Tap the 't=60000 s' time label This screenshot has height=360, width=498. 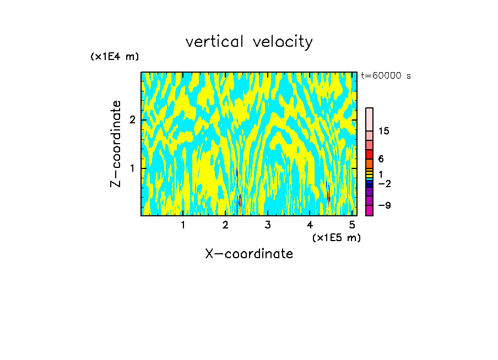[x=386, y=76]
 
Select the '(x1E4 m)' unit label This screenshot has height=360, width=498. [x=115, y=57]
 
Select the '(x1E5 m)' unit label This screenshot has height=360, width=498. [x=336, y=237]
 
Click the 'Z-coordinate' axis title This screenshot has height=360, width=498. [x=116, y=144]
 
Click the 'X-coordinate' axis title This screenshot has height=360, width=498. [x=249, y=254]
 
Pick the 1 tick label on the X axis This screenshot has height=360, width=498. [x=183, y=225]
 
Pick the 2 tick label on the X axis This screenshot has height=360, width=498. [x=225, y=225]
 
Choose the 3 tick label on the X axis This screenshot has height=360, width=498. [x=268, y=225]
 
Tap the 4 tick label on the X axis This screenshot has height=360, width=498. [x=310, y=225]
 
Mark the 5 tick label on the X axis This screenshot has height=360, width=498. [x=352, y=225]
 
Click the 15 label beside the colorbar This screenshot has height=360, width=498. [x=384, y=131]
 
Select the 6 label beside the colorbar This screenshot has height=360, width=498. [x=381, y=159]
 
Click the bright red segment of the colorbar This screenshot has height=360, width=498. [x=369, y=154]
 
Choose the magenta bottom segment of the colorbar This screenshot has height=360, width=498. [x=369, y=210]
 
